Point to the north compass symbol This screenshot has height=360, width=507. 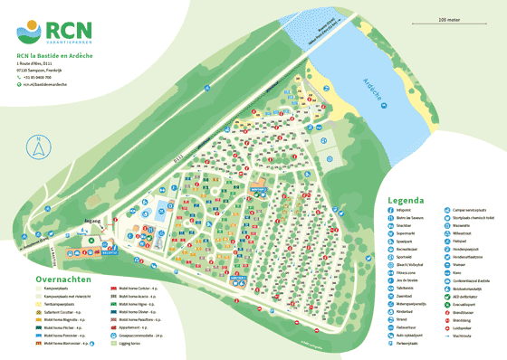[x=38, y=145]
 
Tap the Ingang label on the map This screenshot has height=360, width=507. [x=92, y=220]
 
